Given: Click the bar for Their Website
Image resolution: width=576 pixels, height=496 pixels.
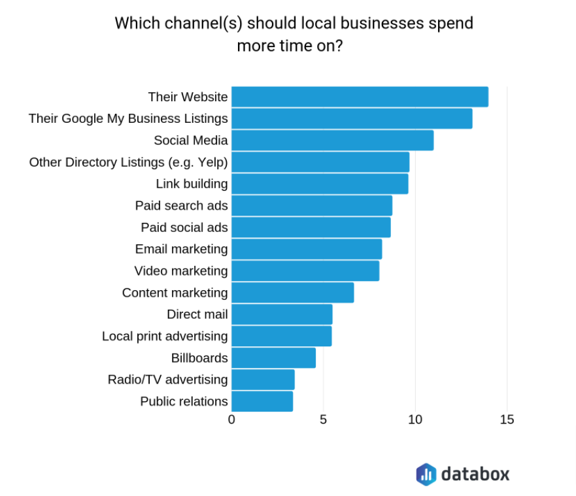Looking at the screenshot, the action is pos(360,97).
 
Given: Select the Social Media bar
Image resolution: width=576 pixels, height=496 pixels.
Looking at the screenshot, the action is pos(332,141).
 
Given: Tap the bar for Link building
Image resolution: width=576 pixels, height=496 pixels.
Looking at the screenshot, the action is pos(320,184).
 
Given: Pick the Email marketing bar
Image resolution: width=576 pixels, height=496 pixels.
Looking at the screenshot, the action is pos(307,249).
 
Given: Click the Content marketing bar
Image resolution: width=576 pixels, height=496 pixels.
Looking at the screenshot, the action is pos(293,293).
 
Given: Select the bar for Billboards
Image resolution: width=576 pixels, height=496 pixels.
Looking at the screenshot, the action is pos(274,358).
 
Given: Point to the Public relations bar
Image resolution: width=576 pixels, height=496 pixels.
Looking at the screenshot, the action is pos(262,401).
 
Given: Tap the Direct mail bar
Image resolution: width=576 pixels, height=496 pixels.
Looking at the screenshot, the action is pos(282,314).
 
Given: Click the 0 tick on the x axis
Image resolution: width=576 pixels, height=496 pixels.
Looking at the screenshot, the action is pos(231,420).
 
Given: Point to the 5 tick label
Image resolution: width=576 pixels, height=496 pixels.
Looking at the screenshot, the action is pos(323,420).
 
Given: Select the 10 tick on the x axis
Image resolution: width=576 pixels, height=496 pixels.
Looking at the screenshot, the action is pos(415,420).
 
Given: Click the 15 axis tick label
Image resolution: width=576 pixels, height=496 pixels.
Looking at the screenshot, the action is pos(507,420).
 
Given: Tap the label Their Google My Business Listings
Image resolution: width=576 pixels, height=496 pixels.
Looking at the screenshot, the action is pos(128,118).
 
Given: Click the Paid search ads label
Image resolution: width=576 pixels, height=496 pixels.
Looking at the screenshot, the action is pos(182,206).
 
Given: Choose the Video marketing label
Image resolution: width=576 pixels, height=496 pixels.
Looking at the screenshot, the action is pos(181,271).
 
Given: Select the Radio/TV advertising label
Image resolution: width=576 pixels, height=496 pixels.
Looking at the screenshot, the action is pos(168,380).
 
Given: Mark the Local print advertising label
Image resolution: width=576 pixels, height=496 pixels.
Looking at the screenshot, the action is pos(165,337).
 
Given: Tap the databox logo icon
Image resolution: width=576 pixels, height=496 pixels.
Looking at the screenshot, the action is pos(426,474).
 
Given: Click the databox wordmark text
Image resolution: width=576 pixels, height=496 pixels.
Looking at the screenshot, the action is pos(475,474).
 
